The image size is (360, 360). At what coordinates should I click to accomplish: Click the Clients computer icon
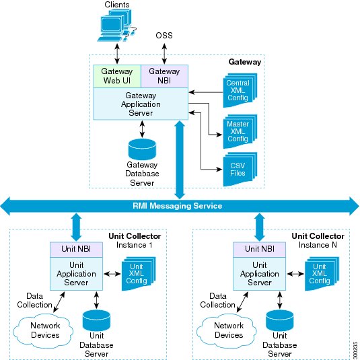[116, 26]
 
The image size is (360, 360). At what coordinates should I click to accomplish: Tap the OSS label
[164, 36]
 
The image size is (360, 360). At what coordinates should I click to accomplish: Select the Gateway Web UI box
[117, 76]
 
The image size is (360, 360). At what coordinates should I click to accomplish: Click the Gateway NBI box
[164, 76]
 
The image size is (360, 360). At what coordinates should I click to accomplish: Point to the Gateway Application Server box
[141, 104]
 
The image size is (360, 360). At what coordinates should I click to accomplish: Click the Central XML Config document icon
[240, 90]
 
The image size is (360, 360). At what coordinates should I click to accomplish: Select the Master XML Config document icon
[240, 131]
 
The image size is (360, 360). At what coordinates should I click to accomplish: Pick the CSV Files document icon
[240, 169]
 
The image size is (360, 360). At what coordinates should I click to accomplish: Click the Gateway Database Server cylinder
[142, 149]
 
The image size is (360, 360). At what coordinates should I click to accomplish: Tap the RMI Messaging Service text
[177, 206]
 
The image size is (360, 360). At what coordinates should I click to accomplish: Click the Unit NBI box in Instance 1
[76, 250]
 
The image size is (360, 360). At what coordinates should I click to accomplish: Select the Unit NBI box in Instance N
[260, 250]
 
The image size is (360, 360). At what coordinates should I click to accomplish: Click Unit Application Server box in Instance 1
[76, 274]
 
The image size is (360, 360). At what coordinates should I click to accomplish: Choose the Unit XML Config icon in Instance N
[322, 274]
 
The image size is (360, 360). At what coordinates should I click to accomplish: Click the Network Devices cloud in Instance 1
[43, 330]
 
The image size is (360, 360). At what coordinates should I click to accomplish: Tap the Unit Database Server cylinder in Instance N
[280, 320]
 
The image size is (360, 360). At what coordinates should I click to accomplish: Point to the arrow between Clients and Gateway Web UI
[117, 54]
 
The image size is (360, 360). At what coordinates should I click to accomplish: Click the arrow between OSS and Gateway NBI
[164, 54]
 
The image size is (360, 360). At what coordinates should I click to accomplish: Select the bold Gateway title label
[245, 62]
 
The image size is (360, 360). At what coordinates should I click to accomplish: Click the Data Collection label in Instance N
[217, 300]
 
